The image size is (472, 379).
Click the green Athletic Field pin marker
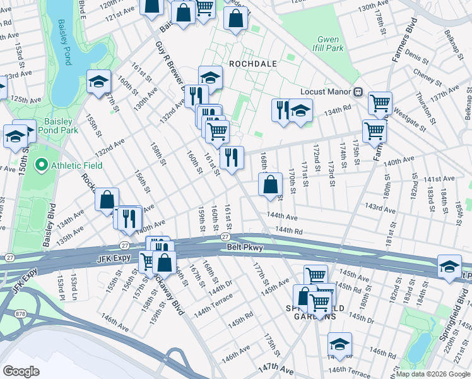coord(42,165)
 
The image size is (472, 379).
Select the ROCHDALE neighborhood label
coord(252,64)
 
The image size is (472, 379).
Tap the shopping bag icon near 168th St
coord(270,185)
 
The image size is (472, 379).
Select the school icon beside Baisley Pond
coord(99,81)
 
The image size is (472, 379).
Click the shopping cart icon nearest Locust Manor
coord(380,103)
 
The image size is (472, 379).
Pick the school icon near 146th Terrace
coord(339,344)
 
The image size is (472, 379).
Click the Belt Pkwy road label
coord(245,248)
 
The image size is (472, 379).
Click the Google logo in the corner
coord(21,371)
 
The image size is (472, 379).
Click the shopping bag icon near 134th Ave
coord(107,199)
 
